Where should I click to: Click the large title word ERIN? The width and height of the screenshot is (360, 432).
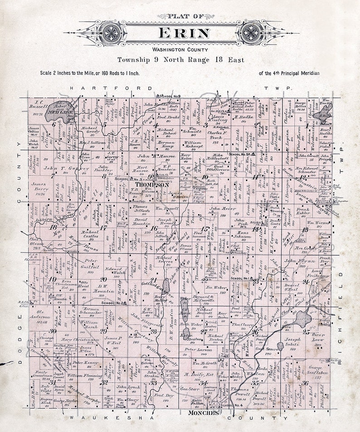tap(184, 33)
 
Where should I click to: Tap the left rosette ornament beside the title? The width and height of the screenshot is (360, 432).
tap(111, 33)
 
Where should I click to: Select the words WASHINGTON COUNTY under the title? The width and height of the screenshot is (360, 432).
tap(180, 50)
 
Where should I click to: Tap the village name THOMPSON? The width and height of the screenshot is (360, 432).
tap(152, 185)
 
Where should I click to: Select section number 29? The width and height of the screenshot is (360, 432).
tap(103, 331)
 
